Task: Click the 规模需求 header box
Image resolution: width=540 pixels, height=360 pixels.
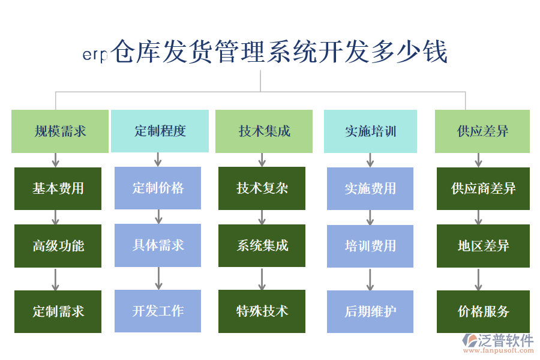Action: tap(59, 131)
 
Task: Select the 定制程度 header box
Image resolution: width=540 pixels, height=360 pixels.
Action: tap(160, 131)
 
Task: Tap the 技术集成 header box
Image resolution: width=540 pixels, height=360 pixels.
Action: tap(263, 131)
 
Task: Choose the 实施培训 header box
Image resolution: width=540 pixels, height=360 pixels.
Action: tap(370, 131)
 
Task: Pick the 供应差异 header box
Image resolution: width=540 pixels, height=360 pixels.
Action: tap(482, 131)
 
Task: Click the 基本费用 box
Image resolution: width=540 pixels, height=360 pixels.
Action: tap(58, 188)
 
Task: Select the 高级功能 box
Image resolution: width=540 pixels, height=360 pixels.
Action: tap(58, 245)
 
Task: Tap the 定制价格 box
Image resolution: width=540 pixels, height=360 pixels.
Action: tap(158, 188)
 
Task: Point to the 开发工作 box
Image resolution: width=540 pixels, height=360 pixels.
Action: tap(158, 311)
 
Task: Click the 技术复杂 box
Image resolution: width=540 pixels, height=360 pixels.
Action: tap(262, 188)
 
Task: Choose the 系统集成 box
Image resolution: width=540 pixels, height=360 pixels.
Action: tap(262, 245)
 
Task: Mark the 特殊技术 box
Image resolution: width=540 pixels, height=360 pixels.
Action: tap(262, 311)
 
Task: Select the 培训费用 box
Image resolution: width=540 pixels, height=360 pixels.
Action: tap(370, 245)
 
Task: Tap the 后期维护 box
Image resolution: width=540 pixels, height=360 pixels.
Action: tap(370, 311)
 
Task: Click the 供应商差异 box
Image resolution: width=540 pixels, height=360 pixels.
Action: tap(483, 188)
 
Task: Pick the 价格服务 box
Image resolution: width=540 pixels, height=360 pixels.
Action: tap(483, 311)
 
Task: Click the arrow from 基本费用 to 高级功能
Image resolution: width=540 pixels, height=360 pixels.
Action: tap(56, 217)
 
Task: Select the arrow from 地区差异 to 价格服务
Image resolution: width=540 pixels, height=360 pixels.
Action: tap(478, 279)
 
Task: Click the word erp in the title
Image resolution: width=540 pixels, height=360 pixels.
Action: tap(94, 55)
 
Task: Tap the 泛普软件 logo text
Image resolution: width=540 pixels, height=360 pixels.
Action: tap(506, 341)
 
